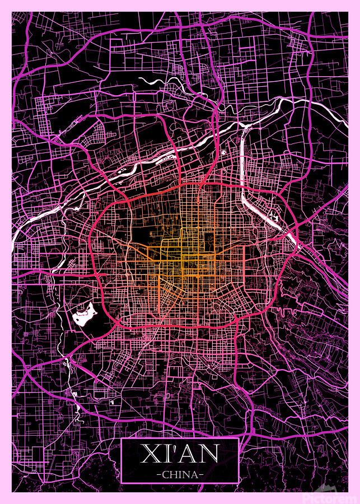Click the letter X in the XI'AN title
click(149, 454)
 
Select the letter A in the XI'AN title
click(189, 454)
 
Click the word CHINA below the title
click(180, 474)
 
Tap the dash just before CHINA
click(160, 475)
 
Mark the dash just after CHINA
click(201, 475)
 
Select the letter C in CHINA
click(167, 474)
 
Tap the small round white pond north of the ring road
click(223, 152)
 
